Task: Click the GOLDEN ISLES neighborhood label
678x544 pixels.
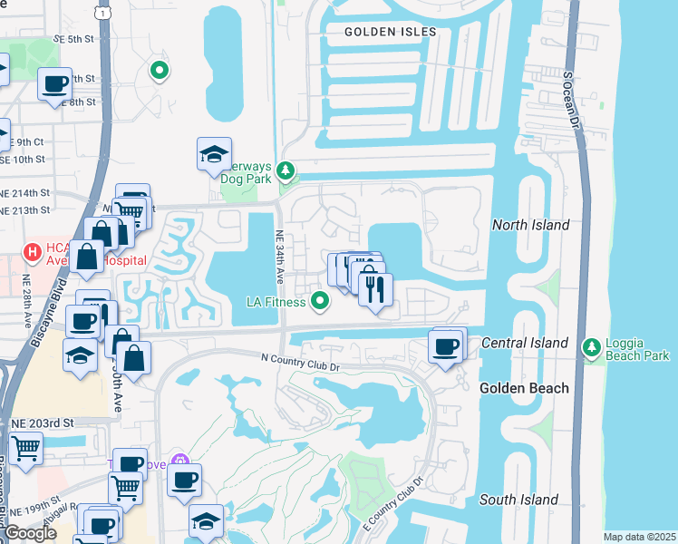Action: [390, 32]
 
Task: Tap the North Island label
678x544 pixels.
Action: [530, 225]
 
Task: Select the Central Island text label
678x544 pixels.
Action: [524, 343]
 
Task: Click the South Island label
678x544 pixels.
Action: [518, 500]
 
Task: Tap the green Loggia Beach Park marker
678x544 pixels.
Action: [592, 345]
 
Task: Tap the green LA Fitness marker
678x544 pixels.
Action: [319, 300]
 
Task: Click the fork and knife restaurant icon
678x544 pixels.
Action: [374, 289]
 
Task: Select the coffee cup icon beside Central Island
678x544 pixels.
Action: [445, 347]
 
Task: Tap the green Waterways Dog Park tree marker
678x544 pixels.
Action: [286, 170]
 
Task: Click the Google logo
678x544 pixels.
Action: [30, 534]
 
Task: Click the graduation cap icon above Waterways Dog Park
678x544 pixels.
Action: [214, 155]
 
